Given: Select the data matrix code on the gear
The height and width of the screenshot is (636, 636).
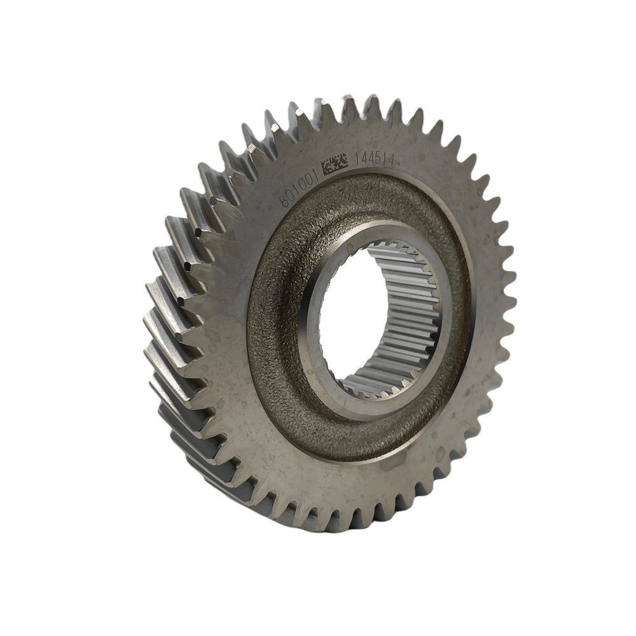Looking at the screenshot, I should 335,167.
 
